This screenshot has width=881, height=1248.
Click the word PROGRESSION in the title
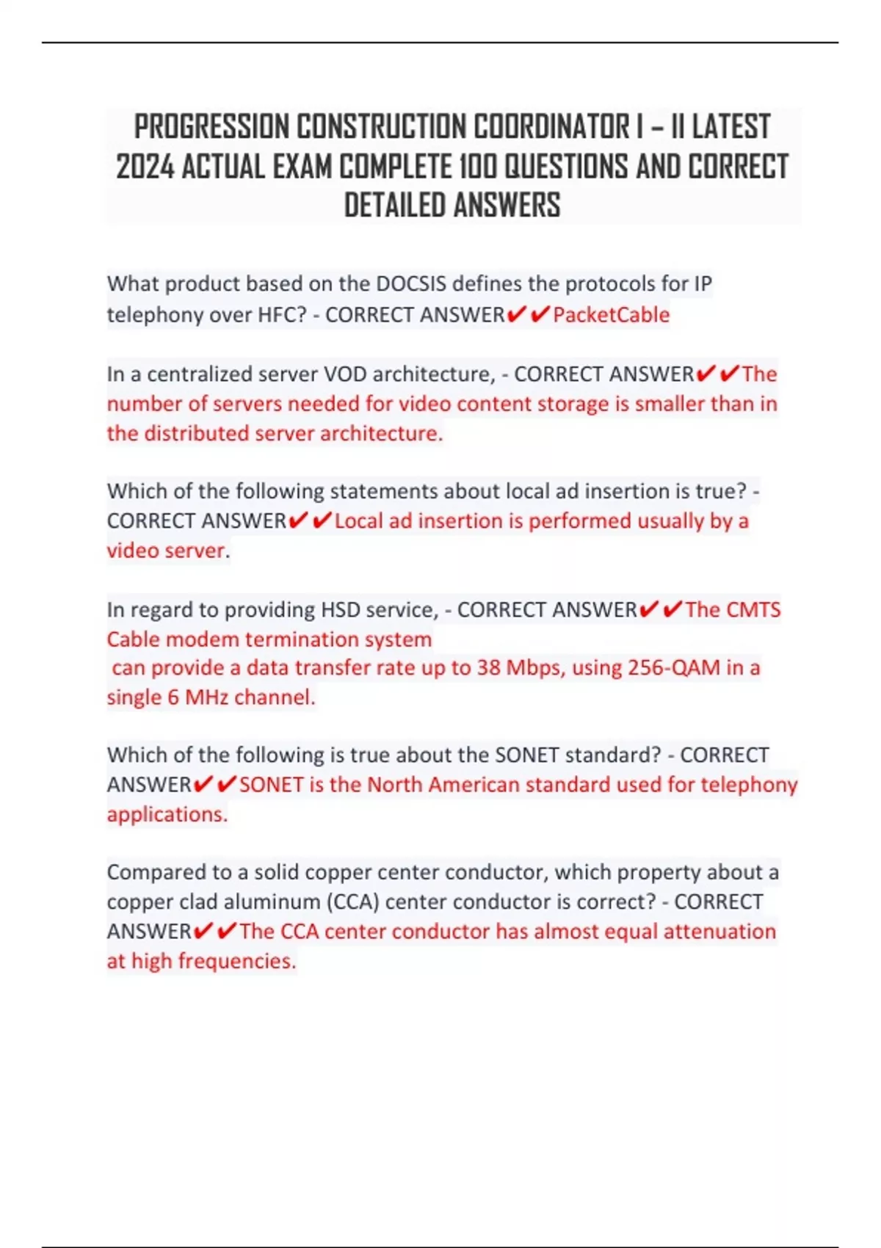point(211,126)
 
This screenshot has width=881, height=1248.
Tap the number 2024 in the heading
point(145,167)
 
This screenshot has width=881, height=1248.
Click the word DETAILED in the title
point(394,206)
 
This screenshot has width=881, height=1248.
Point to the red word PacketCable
point(611,315)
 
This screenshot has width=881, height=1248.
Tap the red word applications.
point(167,814)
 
